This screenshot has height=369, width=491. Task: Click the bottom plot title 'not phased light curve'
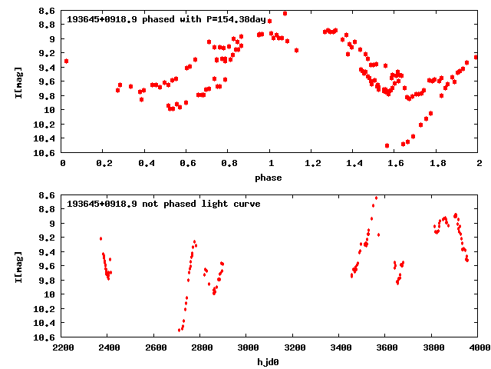163,204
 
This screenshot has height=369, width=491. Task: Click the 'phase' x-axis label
268,178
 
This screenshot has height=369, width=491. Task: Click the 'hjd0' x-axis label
268,362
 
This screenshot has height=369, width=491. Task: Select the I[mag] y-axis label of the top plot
18,81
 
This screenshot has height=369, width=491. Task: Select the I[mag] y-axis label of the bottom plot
18,266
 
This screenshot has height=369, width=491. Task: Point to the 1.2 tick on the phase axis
312,164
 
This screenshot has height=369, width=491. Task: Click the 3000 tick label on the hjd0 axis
247,348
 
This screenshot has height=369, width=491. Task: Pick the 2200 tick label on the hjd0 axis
63,348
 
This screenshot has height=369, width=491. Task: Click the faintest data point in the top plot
387,145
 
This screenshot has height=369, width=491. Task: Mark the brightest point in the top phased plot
285,14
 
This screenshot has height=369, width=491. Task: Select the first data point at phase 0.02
66,61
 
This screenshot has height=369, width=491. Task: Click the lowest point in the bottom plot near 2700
180,330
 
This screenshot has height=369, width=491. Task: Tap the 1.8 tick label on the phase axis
437,164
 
